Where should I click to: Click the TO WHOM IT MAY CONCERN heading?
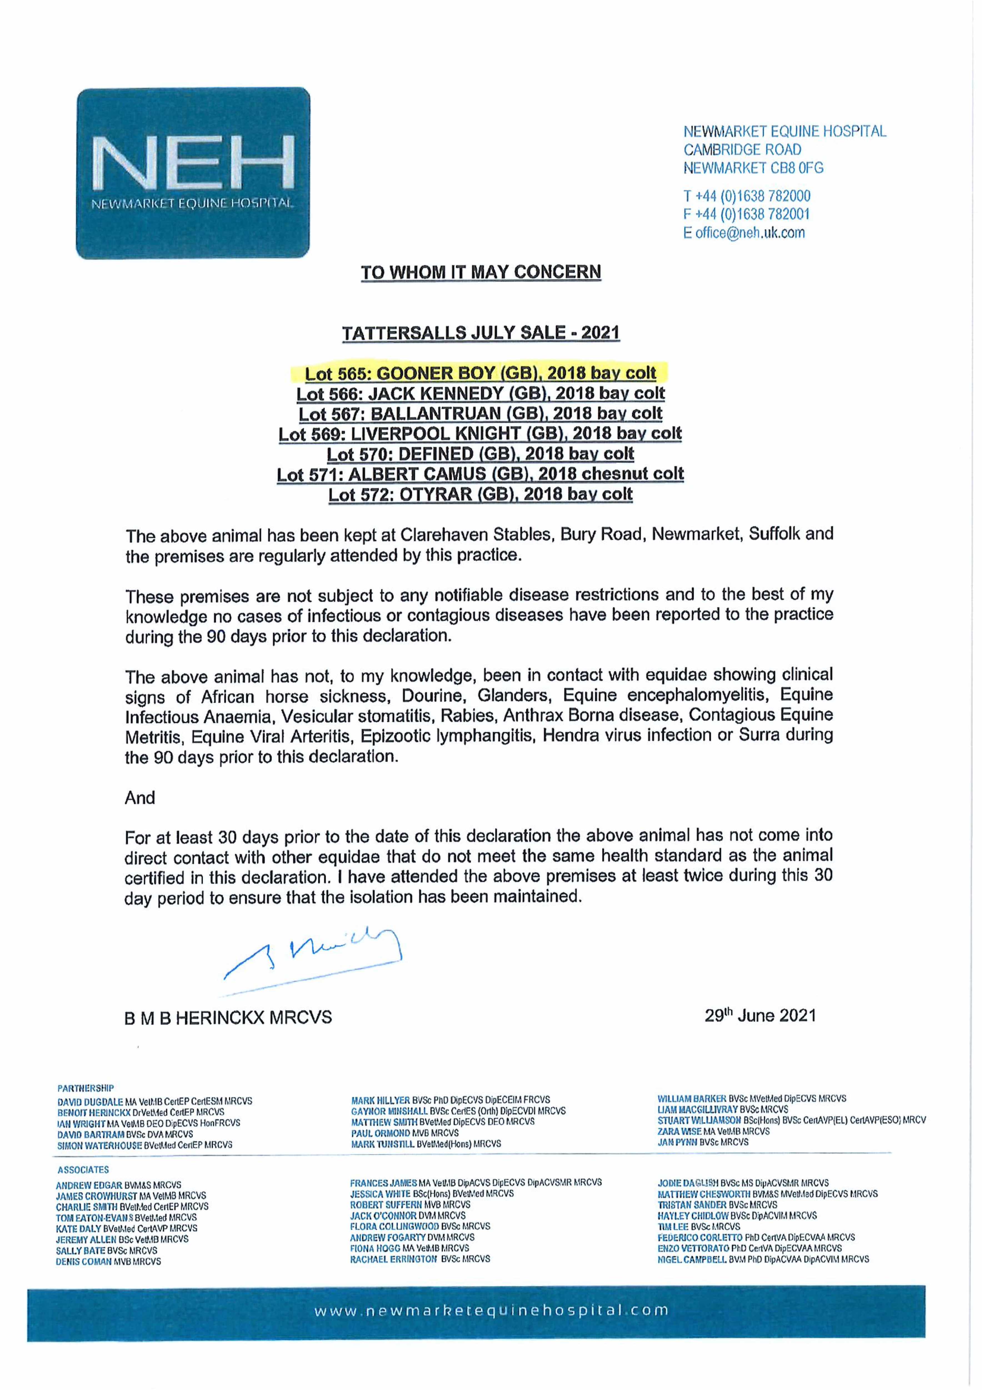(x=481, y=272)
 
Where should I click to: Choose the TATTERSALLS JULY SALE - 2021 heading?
(x=481, y=333)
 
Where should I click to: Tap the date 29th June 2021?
(x=760, y=1015)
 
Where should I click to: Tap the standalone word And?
(x=140, y=798)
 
